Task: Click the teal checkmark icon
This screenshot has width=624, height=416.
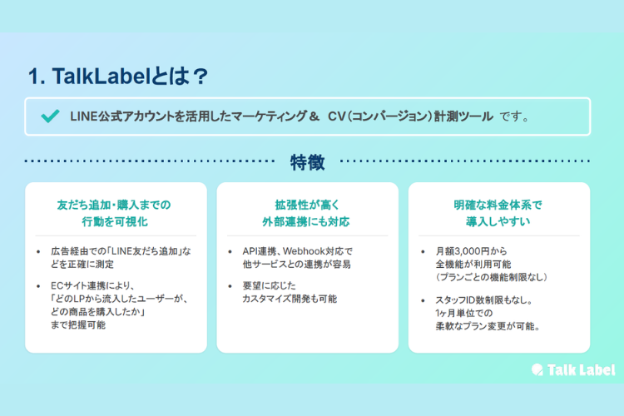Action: [49, 116]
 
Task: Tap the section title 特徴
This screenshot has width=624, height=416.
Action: [307, 161]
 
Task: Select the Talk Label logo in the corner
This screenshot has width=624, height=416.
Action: [573, 370]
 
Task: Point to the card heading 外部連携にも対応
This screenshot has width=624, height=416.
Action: [307, 222]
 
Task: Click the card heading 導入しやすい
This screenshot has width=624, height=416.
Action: [499, 222]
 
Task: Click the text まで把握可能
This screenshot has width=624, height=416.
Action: [78, 325]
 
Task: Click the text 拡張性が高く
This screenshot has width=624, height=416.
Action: [307, 204]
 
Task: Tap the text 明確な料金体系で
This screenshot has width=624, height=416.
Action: [499, 204]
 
